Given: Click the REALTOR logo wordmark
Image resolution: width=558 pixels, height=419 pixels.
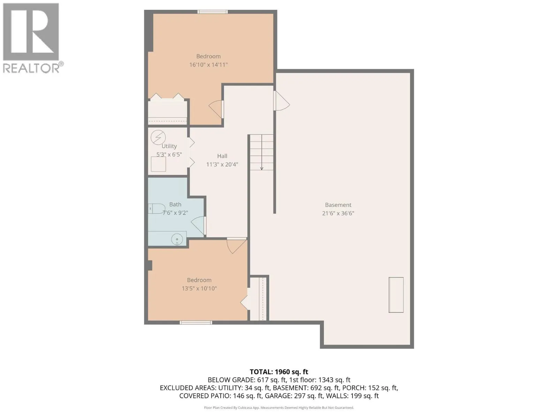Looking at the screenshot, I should click(33, 68).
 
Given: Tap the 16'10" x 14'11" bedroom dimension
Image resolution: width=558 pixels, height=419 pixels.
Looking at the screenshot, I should click(208, 65).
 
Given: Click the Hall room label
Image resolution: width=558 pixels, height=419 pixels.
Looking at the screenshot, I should click(222, 156).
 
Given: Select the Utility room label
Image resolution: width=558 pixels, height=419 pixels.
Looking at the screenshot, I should click(169, 146).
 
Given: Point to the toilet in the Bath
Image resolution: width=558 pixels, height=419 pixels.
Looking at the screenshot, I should click(156, 209).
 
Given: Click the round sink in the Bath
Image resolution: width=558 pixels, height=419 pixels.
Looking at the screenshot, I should click(177, 240).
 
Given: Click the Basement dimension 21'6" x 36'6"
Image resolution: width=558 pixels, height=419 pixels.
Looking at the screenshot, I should click(338, 213).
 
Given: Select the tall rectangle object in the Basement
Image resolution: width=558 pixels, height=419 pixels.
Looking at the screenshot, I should click(396, 295).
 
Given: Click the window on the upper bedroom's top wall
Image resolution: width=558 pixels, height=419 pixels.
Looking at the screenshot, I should click(213, 12).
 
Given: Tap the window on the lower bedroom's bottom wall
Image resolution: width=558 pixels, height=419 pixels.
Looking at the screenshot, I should click(196, 323).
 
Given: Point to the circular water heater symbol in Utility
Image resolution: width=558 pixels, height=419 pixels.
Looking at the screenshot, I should click(158, 137).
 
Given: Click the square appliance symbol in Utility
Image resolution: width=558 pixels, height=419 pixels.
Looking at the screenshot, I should click(158, 164).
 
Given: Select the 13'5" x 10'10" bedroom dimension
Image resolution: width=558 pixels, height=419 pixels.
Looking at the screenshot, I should click(199, 288).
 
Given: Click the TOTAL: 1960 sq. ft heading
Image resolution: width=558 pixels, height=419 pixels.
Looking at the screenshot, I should click(279, 372).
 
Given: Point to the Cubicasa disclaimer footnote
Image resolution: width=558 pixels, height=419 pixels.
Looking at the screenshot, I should click(279, 407).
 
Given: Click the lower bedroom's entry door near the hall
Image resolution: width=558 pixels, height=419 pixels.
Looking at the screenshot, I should click(236, 245).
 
